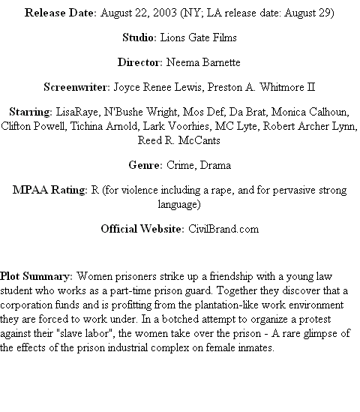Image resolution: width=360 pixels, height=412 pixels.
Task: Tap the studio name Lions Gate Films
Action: (198, 38)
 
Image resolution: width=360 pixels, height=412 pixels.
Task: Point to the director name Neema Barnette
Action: (203, 62)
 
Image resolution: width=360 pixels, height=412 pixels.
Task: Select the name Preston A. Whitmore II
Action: (261, 87)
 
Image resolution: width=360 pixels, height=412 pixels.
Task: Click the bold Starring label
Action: (31, 113)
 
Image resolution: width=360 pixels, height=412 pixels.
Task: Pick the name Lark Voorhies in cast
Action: (176, 126)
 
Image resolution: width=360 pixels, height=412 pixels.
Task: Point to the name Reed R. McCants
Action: (179, 140)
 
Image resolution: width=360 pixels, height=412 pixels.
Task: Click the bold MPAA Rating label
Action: (50, 190)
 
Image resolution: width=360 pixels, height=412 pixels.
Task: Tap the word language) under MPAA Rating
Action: (179, 205)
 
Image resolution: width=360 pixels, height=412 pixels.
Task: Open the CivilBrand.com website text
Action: (223, 229)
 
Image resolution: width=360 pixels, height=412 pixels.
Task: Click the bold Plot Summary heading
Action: (36, 277)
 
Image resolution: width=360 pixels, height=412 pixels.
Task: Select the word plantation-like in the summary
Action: (226, 305)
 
